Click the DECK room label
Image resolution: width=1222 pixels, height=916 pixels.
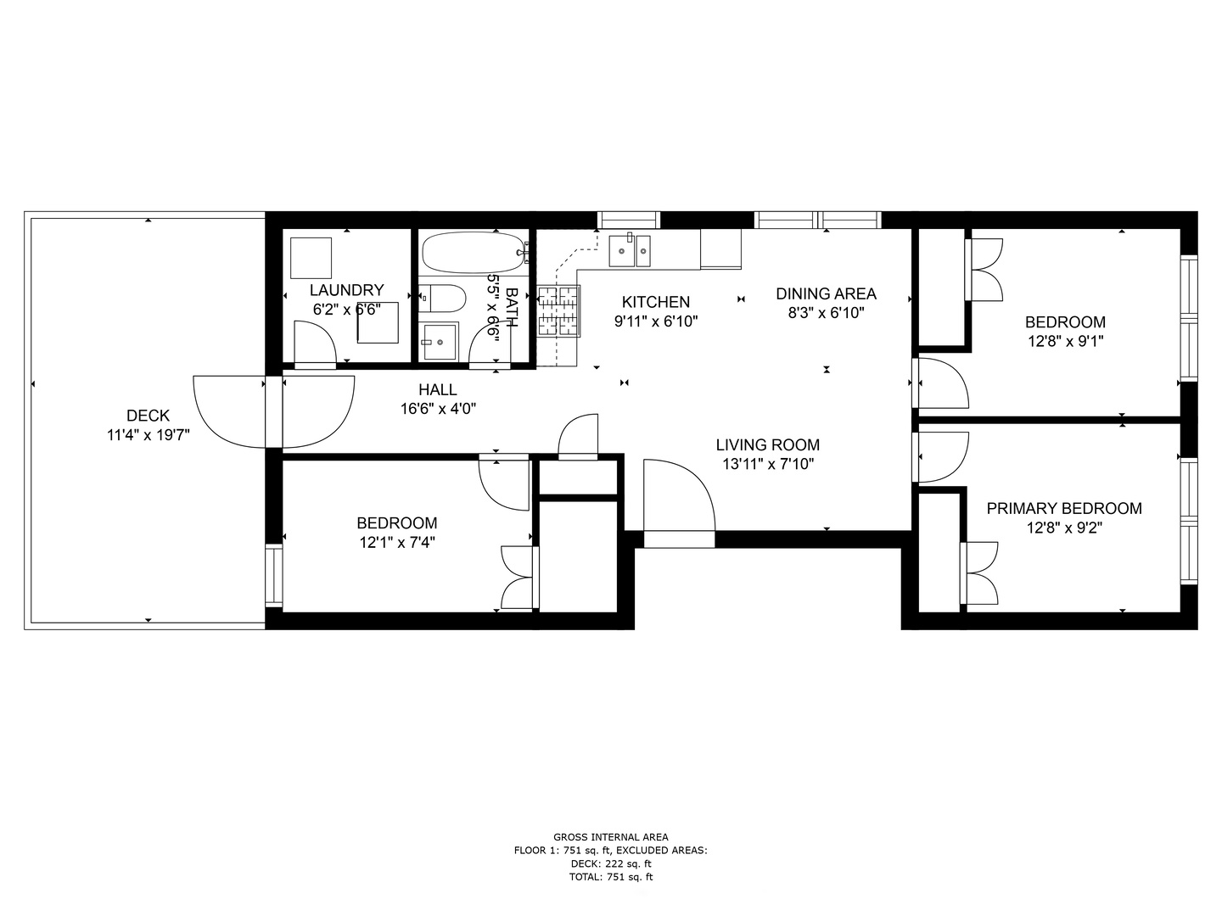[149, 416]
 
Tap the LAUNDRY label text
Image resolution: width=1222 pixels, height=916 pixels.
[347, 290]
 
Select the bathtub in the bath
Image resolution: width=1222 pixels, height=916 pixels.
[474, 253]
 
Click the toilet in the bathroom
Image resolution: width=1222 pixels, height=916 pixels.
[442, 299]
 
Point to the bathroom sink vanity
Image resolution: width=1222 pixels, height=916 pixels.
[439, 342]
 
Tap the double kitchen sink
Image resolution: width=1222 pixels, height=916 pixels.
[630, 251]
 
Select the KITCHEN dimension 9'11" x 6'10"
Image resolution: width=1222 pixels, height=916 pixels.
[656, 321]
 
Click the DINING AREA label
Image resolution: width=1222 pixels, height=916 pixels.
[827, 293]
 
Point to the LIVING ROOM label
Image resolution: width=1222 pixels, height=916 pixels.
[768, 445]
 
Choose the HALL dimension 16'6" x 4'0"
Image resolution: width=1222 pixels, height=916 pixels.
[438, 409]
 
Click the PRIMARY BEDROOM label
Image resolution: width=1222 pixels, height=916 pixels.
[1064, 508]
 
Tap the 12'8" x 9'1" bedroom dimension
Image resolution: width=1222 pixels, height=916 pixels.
[1066, 341]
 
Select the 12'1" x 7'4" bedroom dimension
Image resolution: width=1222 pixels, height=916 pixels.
[397, 542]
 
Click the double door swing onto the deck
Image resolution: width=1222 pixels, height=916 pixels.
[274, 412]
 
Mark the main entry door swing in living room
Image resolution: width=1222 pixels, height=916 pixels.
[679, 495]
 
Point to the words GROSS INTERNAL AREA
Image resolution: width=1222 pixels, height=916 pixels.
[611, 837]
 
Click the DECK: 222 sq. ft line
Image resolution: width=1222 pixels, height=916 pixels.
[611, 863]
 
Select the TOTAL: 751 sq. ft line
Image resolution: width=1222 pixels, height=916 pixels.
[611, 877]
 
